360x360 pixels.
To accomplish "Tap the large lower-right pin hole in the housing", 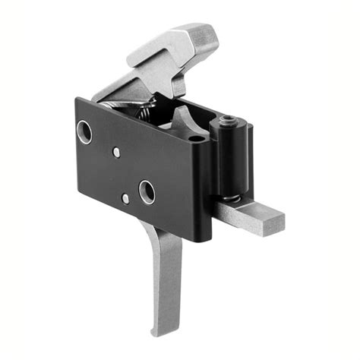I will (147, 191).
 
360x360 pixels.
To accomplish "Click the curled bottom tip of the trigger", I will (156, 331).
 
